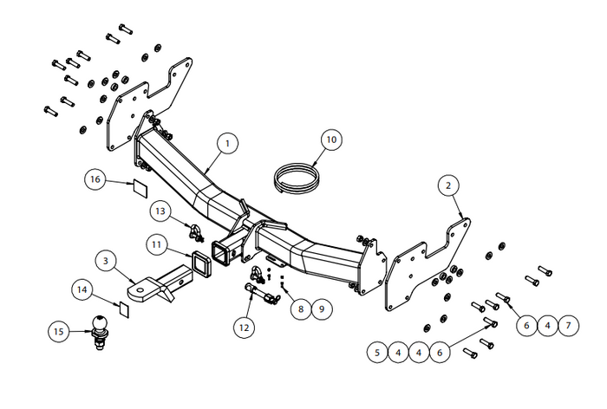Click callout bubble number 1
(227, 144)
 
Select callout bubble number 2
(448, 185)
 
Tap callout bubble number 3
(106, 261)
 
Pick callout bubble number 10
(332, 140)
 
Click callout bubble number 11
(156, 245)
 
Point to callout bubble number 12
(244, 328)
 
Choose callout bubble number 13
(160, 211)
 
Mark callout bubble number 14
(82, 289)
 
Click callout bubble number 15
(58, 332)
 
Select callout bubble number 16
(95, 179)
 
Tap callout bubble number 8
(301, 308)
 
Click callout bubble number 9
(322, 308)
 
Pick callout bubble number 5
(377, 353)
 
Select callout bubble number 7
(568, 326)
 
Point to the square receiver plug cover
(201, 264)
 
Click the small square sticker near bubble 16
(140, 188)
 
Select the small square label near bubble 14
(124, 310)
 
